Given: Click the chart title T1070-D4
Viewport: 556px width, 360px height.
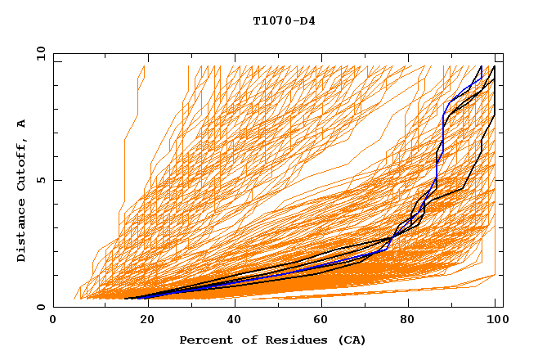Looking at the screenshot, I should click(284, 20).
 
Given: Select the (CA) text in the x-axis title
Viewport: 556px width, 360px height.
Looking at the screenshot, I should click(350, 340).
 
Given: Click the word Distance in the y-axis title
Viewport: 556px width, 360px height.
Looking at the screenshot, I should click(21, 231).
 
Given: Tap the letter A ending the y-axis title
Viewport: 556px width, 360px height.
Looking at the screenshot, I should click(21, 123).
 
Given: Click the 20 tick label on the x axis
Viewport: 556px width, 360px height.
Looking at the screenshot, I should click(142, 320).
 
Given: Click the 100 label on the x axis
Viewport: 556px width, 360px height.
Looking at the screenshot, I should click(495, 320).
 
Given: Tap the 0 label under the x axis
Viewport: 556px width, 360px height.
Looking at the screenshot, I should click(54, 320).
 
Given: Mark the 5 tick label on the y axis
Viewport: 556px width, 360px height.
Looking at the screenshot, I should click(40, 180).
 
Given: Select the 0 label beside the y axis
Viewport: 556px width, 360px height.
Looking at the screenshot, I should click(40, 307).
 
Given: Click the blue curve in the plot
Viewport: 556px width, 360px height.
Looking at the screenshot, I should click(442, 131).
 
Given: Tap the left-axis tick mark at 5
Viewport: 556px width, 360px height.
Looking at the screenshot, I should click(56, 180).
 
